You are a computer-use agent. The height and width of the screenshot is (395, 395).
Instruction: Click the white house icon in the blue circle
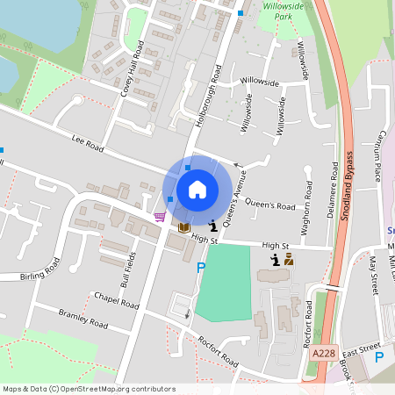(x=197, y=190)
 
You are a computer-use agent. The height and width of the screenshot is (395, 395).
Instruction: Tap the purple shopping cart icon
(x=159, y=216)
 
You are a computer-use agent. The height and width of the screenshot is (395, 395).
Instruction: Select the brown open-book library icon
(x=183, y=227)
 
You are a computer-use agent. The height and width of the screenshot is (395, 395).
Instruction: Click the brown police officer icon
(x=288, y=259)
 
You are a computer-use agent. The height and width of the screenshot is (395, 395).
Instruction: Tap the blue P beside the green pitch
(x=201, y=268)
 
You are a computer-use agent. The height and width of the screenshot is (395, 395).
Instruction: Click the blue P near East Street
(x=379, y=357)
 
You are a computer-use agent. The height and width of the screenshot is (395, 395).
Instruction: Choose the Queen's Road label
(x=269, y=205)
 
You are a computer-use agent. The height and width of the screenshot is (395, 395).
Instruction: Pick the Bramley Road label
(x=83, y=318)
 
